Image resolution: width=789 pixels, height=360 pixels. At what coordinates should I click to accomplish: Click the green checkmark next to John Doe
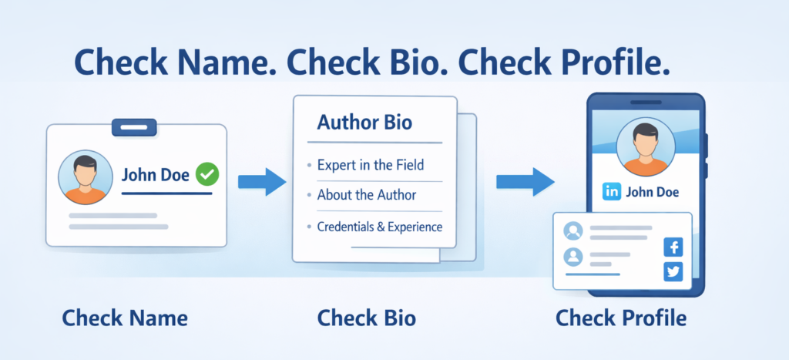point(206,174)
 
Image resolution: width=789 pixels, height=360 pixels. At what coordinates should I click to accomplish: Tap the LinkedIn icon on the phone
point(613,192)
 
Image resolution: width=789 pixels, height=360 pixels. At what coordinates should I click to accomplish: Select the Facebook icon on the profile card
point(673,247)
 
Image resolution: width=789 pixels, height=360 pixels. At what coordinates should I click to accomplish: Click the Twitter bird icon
point(673,272)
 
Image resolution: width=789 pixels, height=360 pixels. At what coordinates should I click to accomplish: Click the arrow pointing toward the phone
point(524,182)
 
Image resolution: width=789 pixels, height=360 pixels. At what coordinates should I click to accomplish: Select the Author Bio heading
point(364,123)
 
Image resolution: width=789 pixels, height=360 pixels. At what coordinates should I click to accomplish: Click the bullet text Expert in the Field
point(371,165)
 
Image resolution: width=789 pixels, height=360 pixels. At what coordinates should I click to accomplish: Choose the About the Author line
point(367,195)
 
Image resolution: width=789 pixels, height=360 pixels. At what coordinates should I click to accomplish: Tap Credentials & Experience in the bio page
point(380,227)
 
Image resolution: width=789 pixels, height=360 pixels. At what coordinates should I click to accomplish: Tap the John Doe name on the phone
point(653,192)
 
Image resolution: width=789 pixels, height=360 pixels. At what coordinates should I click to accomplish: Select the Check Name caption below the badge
point(125,318)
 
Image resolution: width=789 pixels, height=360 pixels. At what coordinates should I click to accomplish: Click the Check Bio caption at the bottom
point(367,318)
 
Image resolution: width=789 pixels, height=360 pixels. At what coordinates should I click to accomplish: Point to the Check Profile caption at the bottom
point(620,318)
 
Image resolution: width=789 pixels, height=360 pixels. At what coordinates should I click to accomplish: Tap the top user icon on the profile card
point(572,230)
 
